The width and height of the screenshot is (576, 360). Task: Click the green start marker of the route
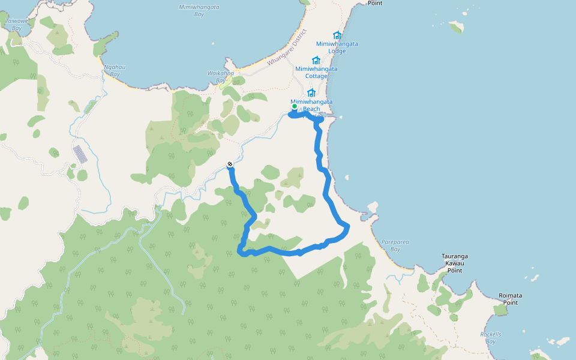coord(295,106)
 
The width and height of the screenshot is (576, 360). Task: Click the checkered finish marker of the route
coord(230,164)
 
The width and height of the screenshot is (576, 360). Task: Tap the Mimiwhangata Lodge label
coord(337,47)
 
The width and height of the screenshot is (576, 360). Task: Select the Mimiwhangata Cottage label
coord(316,72)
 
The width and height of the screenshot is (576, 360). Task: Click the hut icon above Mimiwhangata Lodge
coord(337,35)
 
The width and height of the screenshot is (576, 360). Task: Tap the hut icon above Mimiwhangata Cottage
coord(316,60)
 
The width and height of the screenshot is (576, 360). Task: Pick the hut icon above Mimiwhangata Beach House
coord(311,92)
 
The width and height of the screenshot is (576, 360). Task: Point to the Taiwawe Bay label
coord(17,24)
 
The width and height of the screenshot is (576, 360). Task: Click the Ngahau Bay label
coord(115,70)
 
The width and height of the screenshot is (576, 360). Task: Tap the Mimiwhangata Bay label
coord(199,10)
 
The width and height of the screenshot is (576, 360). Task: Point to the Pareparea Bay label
coord(395,245)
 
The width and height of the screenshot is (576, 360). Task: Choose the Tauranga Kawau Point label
coord(454,263)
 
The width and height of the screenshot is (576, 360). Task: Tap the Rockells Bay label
coord(491,338)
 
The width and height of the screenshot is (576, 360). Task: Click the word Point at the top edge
coord(375,3)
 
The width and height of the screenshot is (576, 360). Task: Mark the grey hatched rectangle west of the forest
coord(80,154)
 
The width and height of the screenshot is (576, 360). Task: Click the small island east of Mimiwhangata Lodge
coord(457,27)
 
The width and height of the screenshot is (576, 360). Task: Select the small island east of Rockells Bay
coord(562,341)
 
